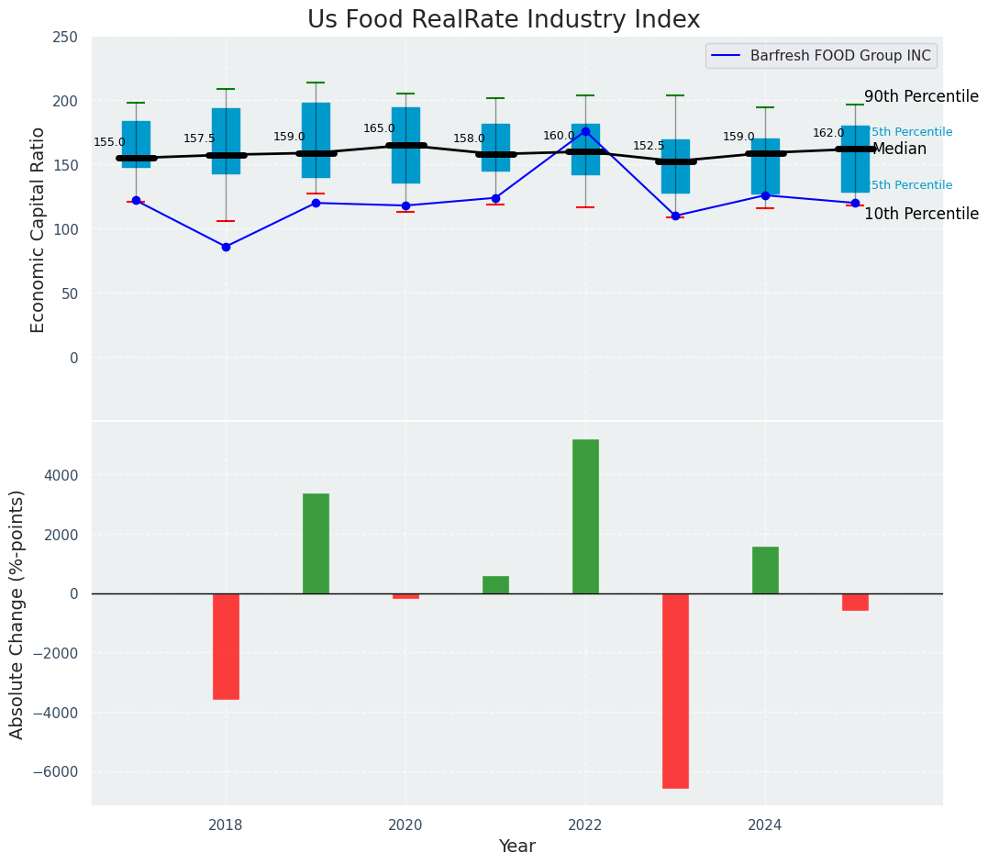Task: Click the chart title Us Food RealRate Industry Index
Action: (504, 20)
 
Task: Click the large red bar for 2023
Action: (675, 691)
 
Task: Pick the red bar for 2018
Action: (226, 647)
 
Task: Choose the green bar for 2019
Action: (316, 544)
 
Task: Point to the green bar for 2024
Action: (765, 570)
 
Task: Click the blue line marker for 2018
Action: (226, 247)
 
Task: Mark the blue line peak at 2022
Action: (585, 131)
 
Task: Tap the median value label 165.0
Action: (379, 129)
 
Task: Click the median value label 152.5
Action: (649, 147)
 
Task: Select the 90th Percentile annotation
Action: (921, 97)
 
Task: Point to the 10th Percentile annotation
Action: (921, 215)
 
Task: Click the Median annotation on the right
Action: (899, 150)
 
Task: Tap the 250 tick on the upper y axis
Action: (65, 39)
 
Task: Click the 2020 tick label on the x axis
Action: (405, 825)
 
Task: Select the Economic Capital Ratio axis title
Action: (39, 229)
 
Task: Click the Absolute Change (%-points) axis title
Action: (17, 615)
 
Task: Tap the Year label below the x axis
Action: (516, 847)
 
